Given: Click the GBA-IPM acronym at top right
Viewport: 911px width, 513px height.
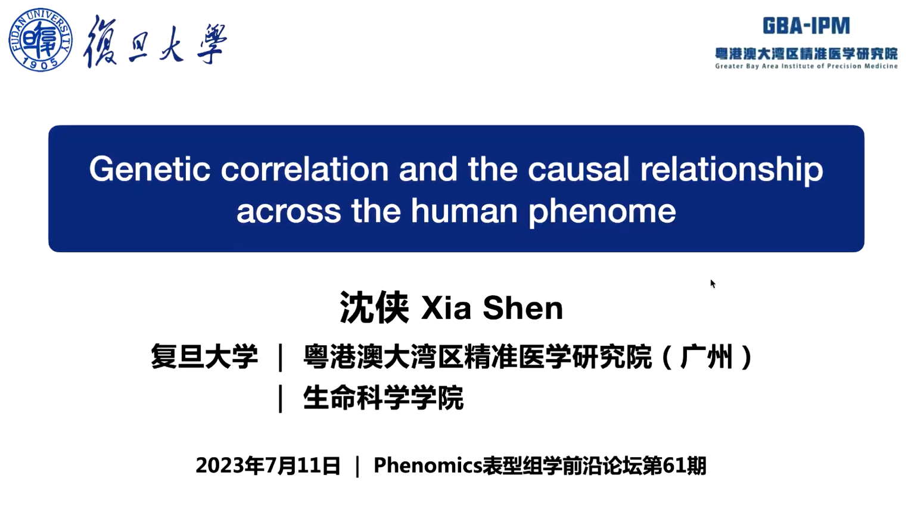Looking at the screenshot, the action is [806, 26].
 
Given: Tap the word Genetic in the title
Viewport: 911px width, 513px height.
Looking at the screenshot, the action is [150, 169].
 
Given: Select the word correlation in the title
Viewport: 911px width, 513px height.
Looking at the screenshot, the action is [304, 169].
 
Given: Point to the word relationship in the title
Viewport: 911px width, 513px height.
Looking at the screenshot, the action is [732, 171].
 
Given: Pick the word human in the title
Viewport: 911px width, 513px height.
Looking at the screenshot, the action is [464, 211].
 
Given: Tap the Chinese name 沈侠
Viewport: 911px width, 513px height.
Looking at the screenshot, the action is [374, 308].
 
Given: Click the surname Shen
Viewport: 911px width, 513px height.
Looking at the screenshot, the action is [523, 308].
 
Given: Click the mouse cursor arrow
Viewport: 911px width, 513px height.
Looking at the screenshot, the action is [713, 283].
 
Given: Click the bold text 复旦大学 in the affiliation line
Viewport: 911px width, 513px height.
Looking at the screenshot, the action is [204, 356].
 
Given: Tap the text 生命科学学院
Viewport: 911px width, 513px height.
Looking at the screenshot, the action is [383, 398].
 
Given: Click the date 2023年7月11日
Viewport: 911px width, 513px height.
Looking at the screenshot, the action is [268, 465].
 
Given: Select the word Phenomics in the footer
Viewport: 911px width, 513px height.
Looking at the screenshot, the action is [428, 465].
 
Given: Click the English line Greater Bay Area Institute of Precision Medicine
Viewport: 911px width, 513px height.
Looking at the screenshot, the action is [806, 66].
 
